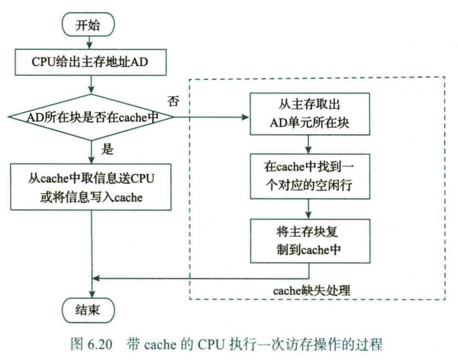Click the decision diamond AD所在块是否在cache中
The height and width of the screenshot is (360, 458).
tap(92, 117)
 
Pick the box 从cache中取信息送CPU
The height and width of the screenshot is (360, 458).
tap(92, 186)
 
